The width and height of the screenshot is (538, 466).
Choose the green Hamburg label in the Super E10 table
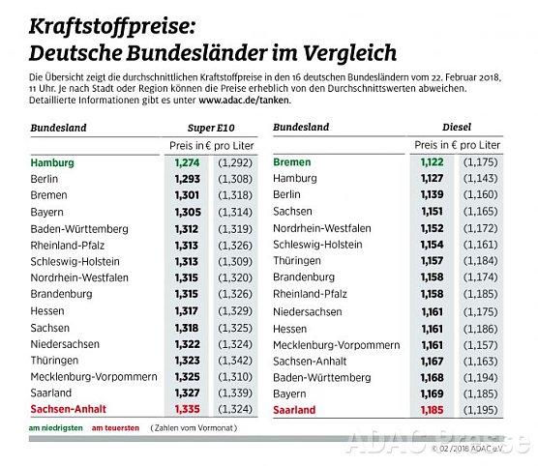52,162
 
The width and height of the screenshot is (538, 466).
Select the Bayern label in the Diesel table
291,393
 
